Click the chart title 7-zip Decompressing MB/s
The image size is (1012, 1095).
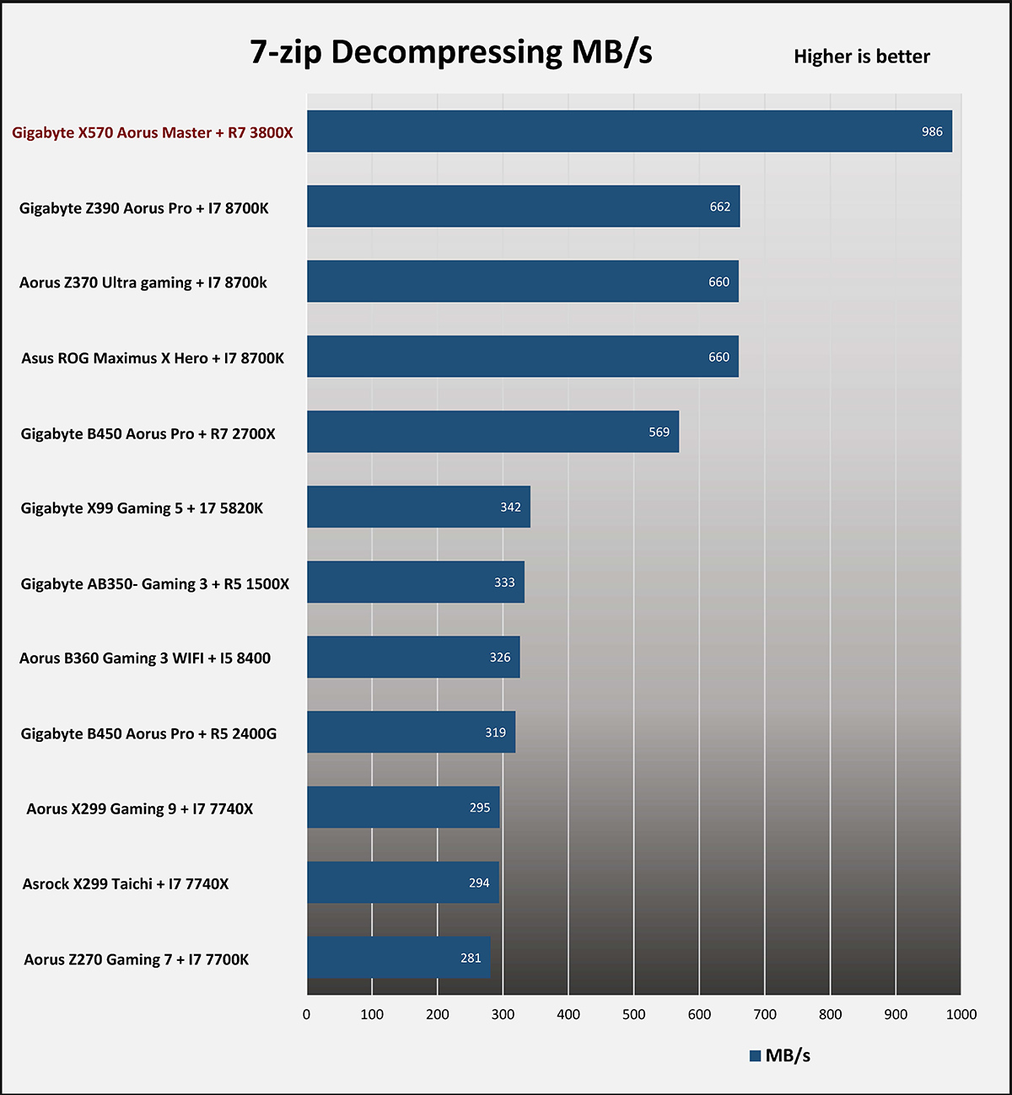coord(451,52)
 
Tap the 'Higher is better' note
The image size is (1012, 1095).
coord(861,56)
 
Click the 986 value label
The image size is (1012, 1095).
coord(932,132)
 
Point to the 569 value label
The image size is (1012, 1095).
coord(659,432)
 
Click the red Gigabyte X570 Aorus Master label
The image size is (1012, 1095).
coord(153,132)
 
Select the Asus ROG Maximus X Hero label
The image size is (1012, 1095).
coord(153,358)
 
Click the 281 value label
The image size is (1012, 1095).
coord(471,958)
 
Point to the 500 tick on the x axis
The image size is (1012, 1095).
coord(633,1014)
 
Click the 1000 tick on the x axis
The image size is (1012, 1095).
coord(961,1014)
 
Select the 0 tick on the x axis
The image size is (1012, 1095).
coord(306,1014)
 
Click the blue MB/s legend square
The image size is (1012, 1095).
coord(755,1056)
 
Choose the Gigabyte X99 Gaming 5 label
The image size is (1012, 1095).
coord(142,508)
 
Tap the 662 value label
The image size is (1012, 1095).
coord(719,207)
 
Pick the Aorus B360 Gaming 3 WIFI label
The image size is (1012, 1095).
coord(145,658)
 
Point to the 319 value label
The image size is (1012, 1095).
coord(495,733)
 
